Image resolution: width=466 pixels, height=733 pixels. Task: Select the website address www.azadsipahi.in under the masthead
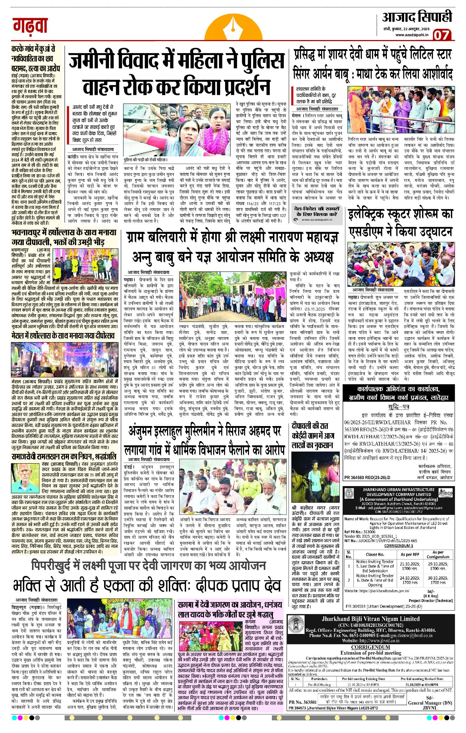tap(411, 35)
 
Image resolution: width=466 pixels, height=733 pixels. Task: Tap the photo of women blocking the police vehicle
tap(179, 133)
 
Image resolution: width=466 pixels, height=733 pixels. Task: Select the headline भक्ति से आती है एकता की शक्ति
tap(147, 585)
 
